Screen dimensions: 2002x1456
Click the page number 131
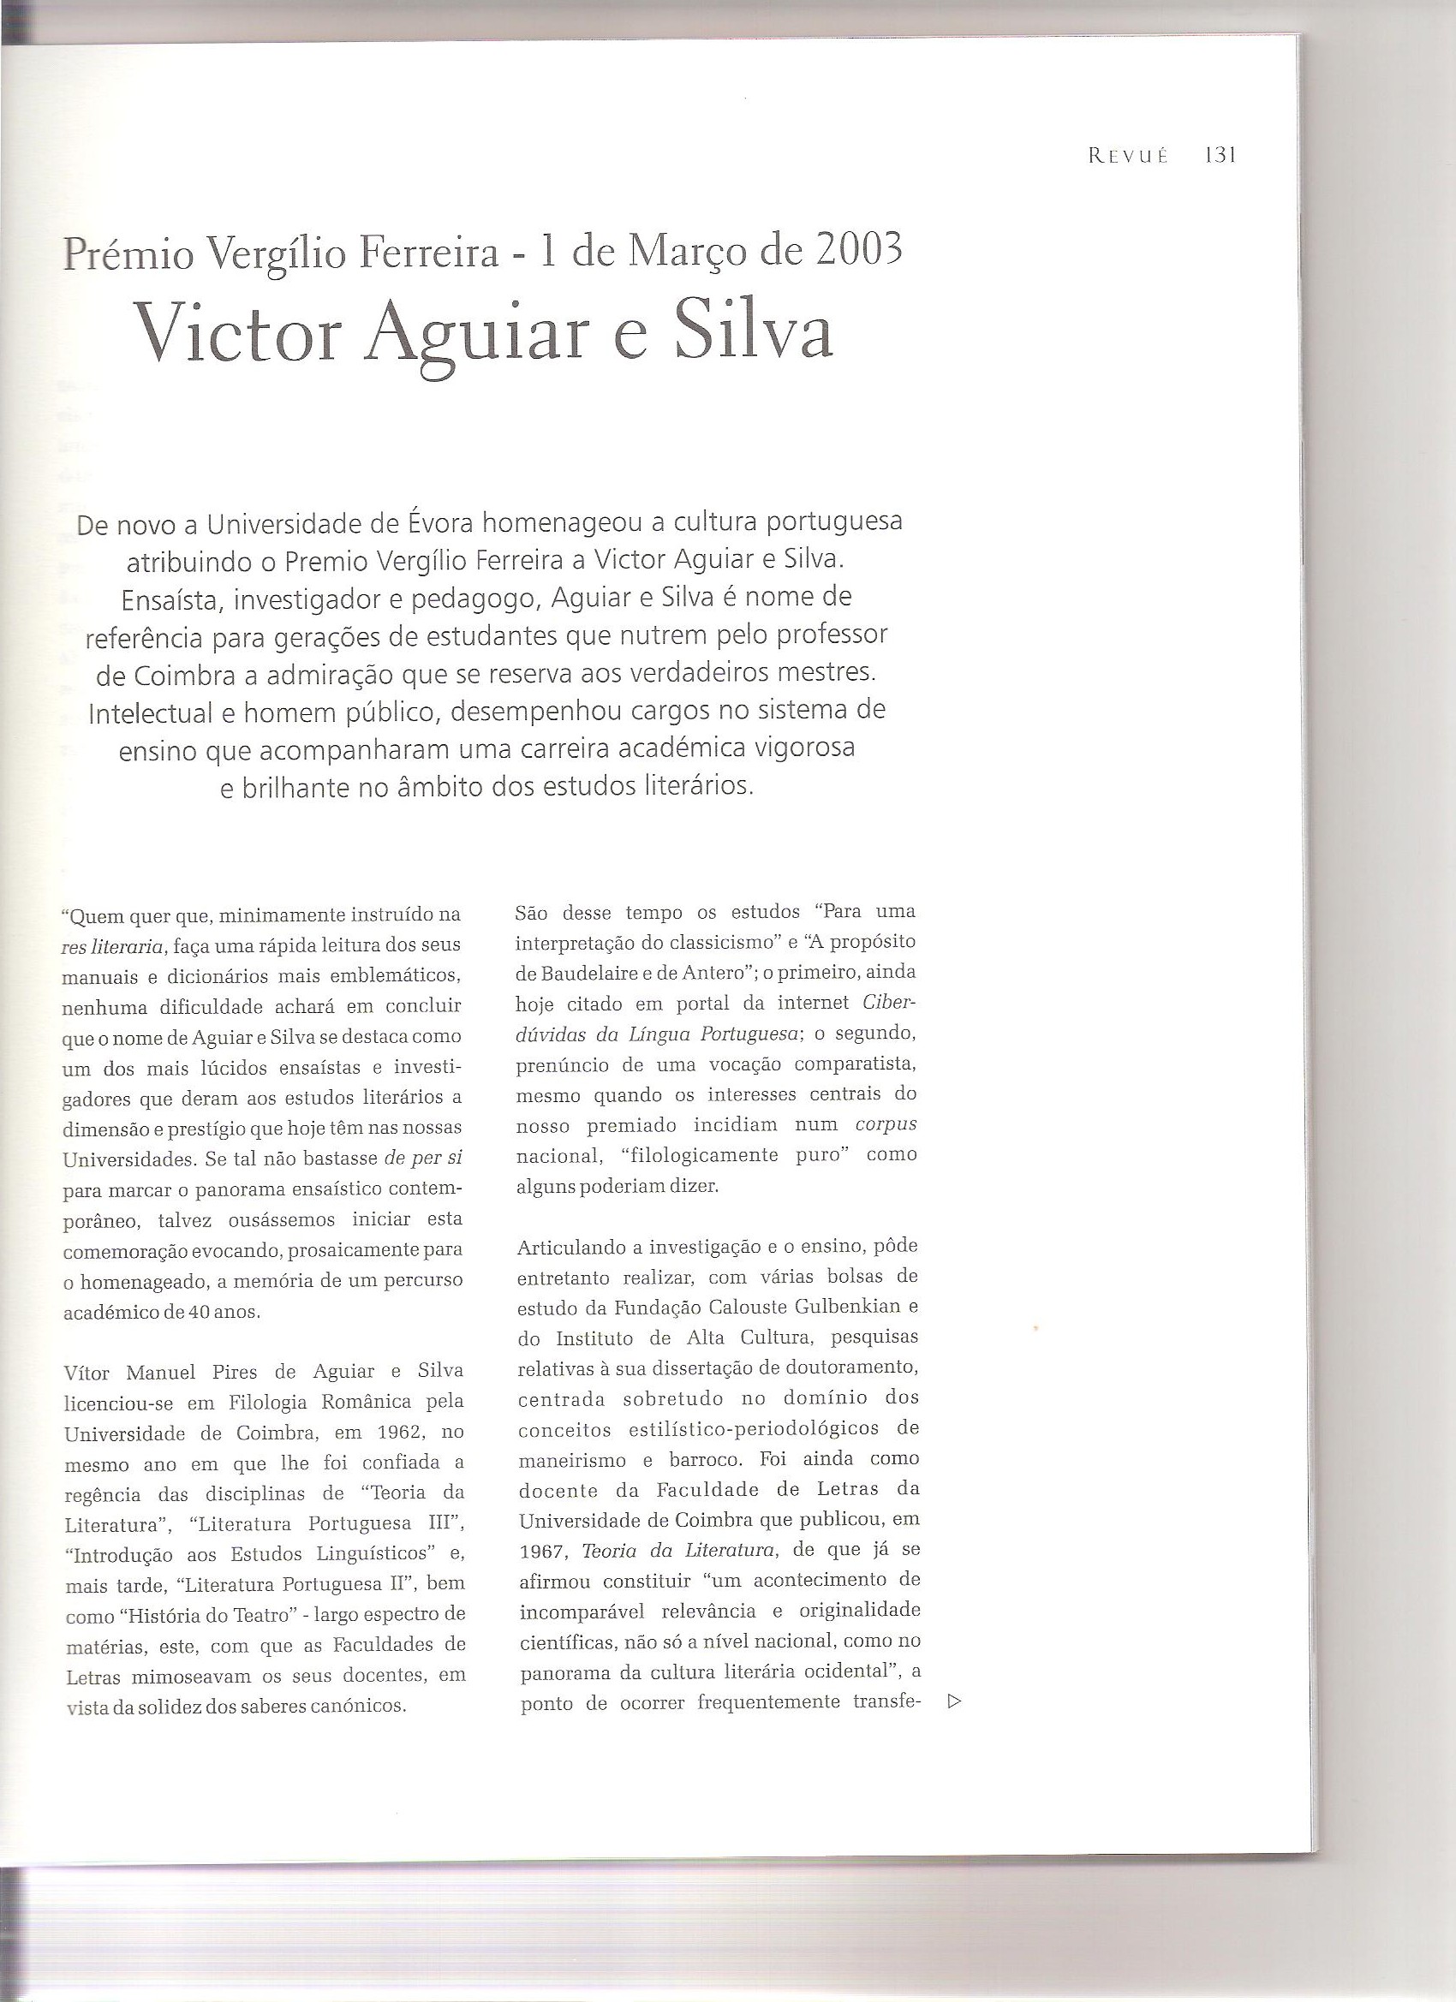pos(1221,155)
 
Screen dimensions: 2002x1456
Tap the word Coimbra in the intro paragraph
pos(176,675)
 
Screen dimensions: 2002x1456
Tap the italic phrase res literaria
pos(113,947)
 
